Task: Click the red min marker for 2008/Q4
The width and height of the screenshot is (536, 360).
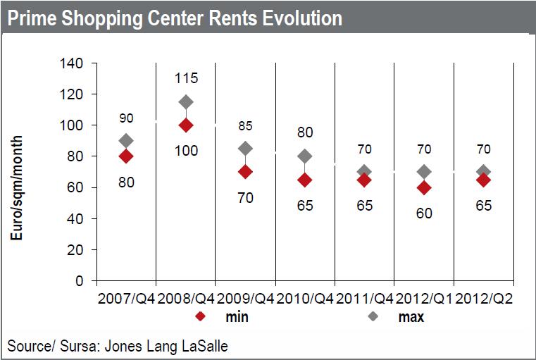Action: [x=186, y=125]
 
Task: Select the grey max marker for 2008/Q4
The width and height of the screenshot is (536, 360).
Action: [x=186, y=102]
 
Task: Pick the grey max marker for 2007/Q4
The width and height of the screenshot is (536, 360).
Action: [x=126, y=141]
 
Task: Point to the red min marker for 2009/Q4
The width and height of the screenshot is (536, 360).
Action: [x=246, y=172]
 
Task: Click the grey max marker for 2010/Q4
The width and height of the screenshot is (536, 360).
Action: [x=305, y=156]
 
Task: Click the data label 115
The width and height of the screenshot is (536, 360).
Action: [x=186, y=80]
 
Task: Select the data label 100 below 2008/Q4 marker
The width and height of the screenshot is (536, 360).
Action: [x=186, y=151]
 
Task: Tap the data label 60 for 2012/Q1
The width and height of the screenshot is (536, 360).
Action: [x=425, y=213]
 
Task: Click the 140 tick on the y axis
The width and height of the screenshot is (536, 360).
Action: [x=74, y=63]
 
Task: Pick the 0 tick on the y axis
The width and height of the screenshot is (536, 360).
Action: [x=80, y=281]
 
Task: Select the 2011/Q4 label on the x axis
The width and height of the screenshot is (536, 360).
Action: [x=365, y=299]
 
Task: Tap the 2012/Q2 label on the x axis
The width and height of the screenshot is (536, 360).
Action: [x=484, y=299]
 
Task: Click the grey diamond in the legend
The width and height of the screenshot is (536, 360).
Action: [x=374, y=317]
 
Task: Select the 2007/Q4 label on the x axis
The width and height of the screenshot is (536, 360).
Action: [x=126, y=299]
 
